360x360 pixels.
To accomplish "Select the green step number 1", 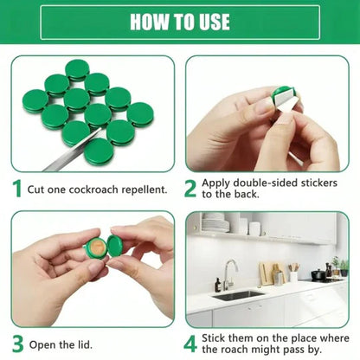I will [16, 188].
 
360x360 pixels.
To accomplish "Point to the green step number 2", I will [190, 188].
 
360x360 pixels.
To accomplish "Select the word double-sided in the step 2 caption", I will [263, 183].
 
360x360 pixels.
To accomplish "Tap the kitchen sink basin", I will [237, 294].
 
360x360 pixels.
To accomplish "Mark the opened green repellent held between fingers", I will [102, 247].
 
